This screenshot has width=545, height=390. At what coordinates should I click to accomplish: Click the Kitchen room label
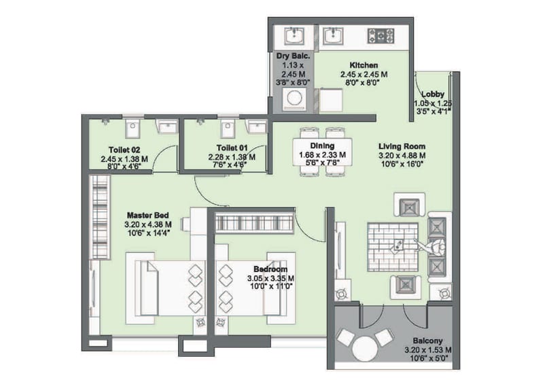tap(364, 65)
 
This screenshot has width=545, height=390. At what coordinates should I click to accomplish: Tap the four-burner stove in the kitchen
tap(381, 35)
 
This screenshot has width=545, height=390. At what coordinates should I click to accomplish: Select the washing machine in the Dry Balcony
tap(294, 99)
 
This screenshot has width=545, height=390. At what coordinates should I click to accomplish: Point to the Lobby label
tap(433, 94)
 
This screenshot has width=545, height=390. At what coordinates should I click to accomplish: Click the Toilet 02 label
tap(124, 150)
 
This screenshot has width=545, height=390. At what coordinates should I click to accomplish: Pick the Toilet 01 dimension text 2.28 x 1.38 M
tap(232, 157)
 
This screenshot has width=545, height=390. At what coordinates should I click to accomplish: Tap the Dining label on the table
tap(322, 146)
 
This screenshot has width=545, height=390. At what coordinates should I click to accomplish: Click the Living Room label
tap(402, 147)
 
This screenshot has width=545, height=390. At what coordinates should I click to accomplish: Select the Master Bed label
tap(147, 215)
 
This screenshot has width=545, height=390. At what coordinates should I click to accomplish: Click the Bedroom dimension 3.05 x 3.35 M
tap(270, 278)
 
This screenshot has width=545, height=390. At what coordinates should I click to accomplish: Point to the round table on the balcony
tap(365, 349)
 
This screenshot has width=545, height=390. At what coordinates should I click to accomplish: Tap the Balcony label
tap(428, 340)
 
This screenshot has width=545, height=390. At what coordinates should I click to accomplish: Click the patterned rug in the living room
tap(392, 247)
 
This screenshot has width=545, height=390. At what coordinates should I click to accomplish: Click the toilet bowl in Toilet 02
tap(132, 129)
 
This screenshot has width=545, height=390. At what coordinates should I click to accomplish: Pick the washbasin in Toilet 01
tap(256, 126)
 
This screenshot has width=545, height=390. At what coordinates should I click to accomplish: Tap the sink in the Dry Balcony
tap(294, 36)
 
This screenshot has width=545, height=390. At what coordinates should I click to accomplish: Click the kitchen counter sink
tap(334, 36)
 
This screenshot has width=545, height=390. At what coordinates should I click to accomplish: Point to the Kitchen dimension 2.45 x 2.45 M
tap(364, 74)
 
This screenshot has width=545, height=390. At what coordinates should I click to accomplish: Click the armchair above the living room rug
tap(410, 205)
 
